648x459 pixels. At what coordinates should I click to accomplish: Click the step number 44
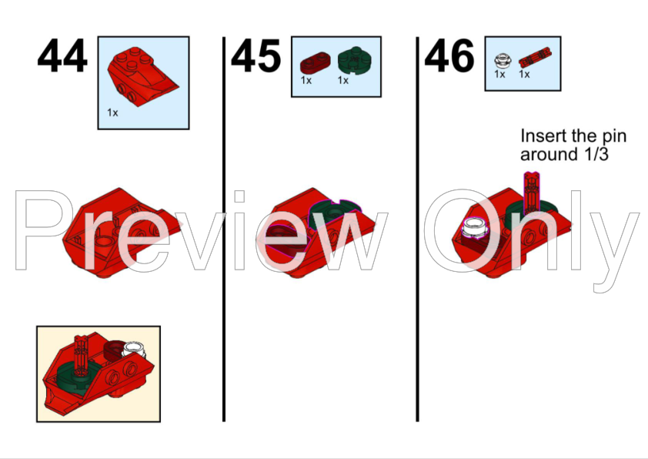[62, 55]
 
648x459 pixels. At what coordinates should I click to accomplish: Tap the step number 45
[256, 55]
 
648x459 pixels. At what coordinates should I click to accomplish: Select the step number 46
[449, 55]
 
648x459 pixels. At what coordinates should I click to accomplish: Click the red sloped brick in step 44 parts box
[142, 76]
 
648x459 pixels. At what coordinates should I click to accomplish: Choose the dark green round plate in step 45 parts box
[355, 60]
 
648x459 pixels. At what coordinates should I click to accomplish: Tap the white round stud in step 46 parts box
[503, 60]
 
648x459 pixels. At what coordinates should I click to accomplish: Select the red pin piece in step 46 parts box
[535, 57]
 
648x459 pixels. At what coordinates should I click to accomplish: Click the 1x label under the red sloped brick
[112, 112]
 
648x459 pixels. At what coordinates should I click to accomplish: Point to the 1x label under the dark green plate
[343, 80]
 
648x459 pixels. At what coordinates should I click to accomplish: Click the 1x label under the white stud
[499, 74]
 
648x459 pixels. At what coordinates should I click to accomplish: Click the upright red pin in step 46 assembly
[532, 193]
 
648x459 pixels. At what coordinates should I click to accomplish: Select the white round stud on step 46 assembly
[474, 229]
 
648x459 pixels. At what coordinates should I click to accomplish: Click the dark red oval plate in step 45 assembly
[282, 240]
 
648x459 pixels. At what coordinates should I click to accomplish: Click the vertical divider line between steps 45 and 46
[417, 229]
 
